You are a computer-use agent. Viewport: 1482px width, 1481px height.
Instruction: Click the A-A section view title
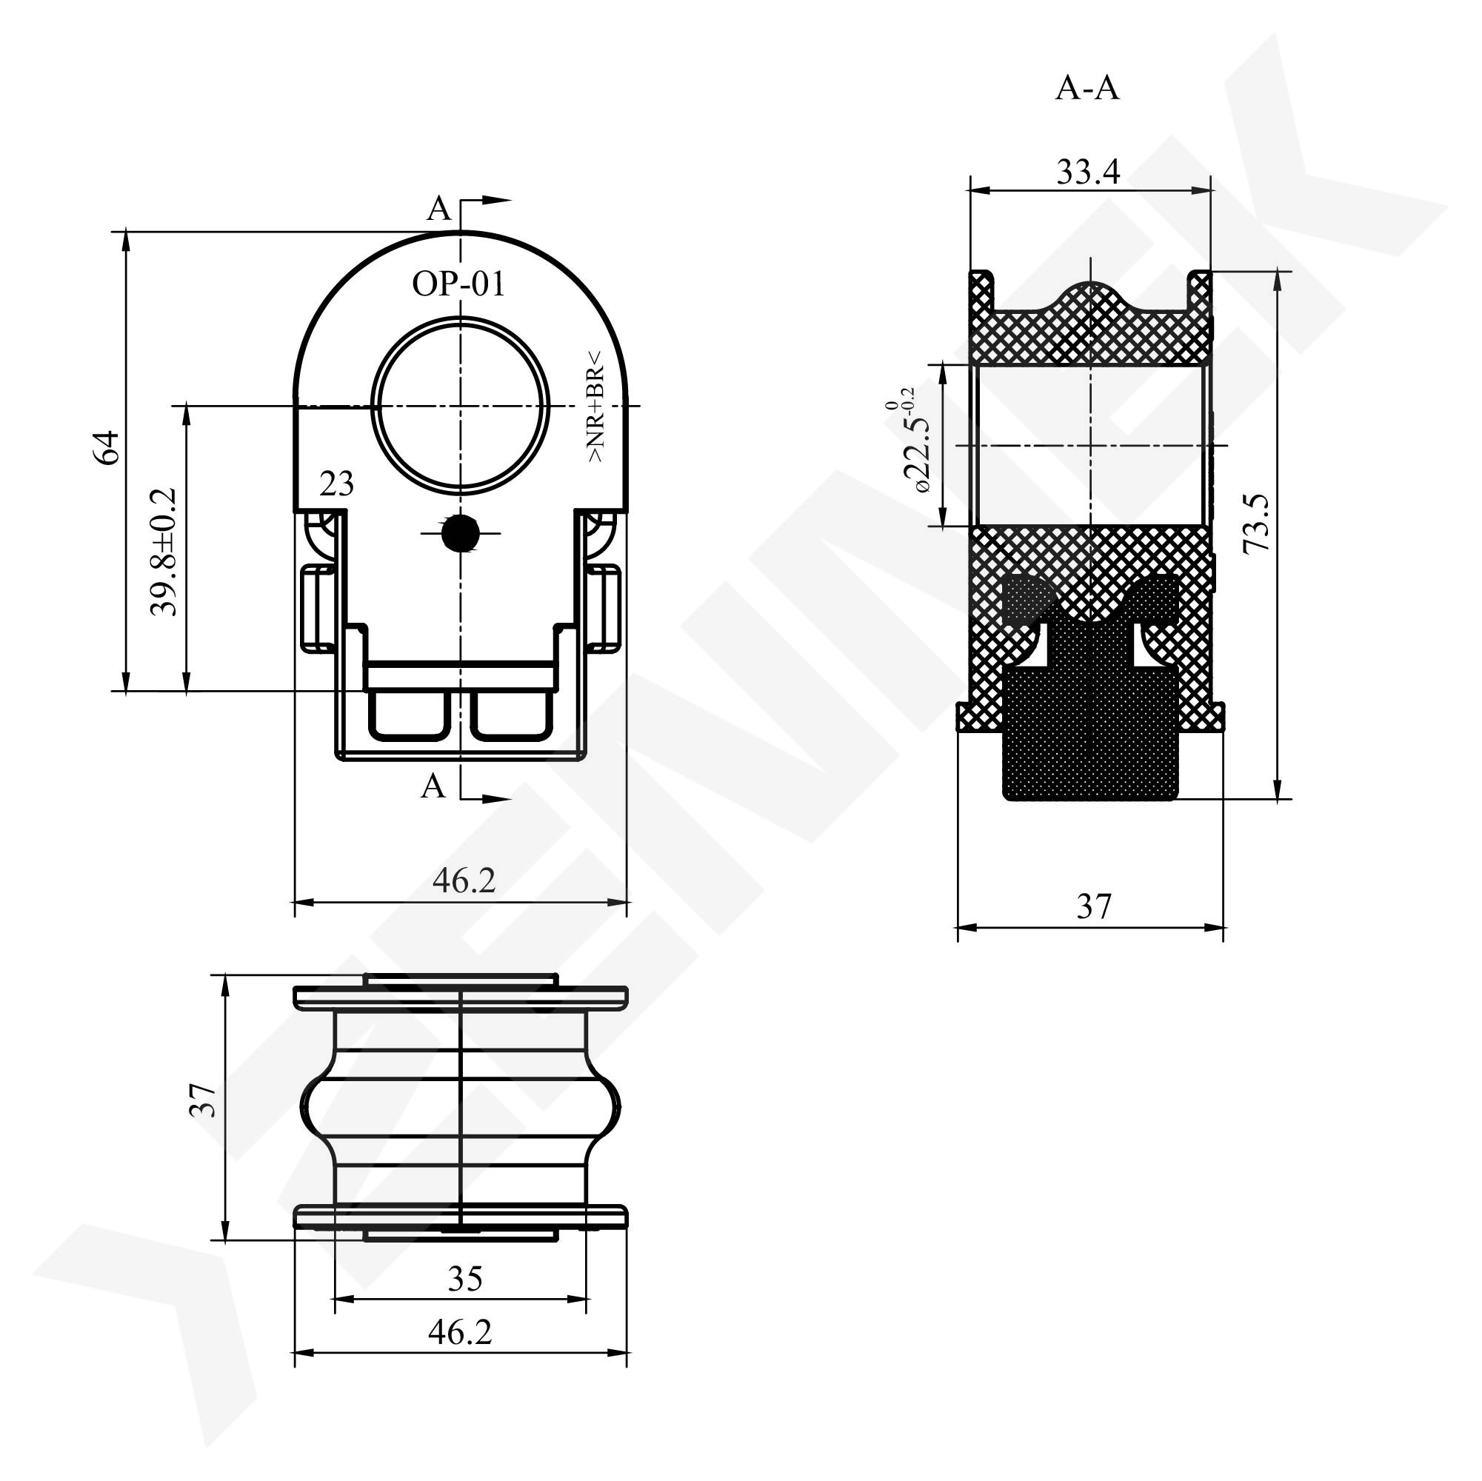(1087, 89)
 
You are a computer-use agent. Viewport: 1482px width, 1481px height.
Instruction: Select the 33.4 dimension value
(1088, 172)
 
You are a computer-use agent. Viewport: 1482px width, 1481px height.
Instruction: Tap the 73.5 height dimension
(1256, 524)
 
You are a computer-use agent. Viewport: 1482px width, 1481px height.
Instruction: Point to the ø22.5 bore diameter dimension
(909, 441)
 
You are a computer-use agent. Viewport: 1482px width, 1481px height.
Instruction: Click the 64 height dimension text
(107, 448)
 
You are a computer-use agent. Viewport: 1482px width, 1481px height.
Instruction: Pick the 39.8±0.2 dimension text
(164, 552)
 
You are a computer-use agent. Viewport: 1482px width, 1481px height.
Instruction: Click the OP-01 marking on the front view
(458, 284)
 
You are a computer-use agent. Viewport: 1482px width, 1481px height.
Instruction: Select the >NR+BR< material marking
(595, 407)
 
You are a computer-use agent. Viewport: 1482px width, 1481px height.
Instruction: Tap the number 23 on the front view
(337, 484)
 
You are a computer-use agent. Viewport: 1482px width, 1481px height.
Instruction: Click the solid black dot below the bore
(460, 533)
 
